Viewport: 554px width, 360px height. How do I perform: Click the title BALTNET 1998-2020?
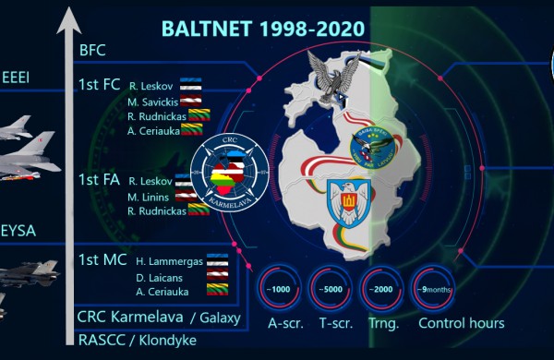262,29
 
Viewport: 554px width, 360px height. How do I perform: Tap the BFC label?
93,50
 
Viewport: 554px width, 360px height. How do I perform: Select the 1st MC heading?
102,260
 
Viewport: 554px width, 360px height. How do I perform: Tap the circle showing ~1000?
280,287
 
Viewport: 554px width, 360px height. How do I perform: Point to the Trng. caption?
382,323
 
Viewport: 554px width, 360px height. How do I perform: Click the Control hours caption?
461,323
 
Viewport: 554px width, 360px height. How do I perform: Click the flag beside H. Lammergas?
216,261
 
